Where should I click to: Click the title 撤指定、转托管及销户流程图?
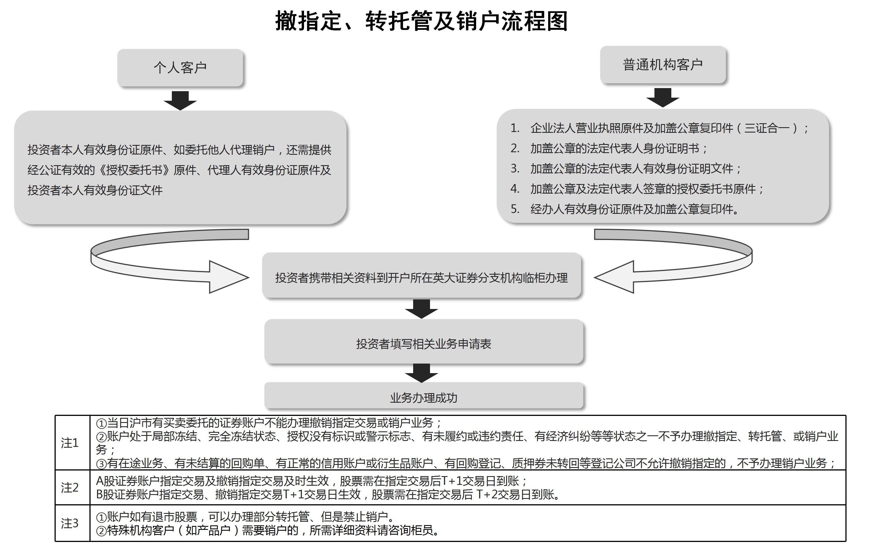pos(421,21)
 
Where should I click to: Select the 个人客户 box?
pos(180,68)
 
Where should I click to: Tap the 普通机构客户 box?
pos(663,65)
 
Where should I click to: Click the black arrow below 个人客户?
pos(180,100)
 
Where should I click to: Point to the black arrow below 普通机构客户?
pos(663,97)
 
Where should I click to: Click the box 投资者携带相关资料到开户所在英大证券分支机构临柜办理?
pos(422,275)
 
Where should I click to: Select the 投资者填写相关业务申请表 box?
pos(424,341)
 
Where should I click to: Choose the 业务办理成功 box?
pos(424,396)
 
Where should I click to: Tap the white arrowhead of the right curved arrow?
pos(614,277)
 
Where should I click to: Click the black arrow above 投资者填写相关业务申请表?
pos(422,309)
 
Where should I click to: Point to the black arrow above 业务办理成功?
pos(422,373)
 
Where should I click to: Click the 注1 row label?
pos(69,443)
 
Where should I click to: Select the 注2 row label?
pos(69,488)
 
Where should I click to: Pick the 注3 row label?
pos(69,523)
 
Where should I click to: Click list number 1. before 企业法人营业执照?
pos(515,128)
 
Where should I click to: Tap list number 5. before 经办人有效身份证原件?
pos(515,209)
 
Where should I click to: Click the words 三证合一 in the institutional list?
pos(767,128)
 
